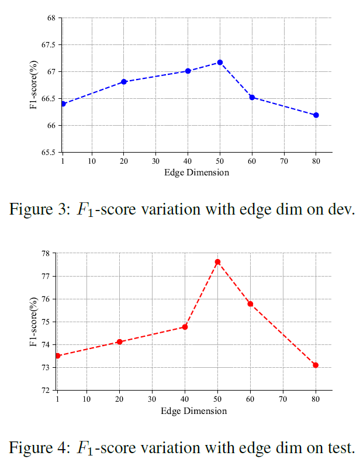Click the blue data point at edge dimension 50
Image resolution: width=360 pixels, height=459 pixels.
tap(220, 62)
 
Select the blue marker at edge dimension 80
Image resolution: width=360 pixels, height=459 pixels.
tap(316, 115)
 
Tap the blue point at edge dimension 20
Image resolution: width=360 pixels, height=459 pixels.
tap(124, 82)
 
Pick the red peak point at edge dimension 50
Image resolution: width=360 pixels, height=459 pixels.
tap(217, 262)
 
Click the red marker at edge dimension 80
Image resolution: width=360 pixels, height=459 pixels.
tap(316, 365)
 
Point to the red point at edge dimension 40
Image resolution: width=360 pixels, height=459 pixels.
tap(185, 327)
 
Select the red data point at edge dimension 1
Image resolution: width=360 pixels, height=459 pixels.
tap(58, 356)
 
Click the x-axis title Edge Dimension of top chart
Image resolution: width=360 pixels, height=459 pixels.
tap(196, 172)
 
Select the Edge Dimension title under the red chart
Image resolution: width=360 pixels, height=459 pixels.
tap(194, 410)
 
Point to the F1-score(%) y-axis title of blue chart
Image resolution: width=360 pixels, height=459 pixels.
tap(34, 85)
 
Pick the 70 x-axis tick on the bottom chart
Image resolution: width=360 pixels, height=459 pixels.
tap(283, 400)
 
